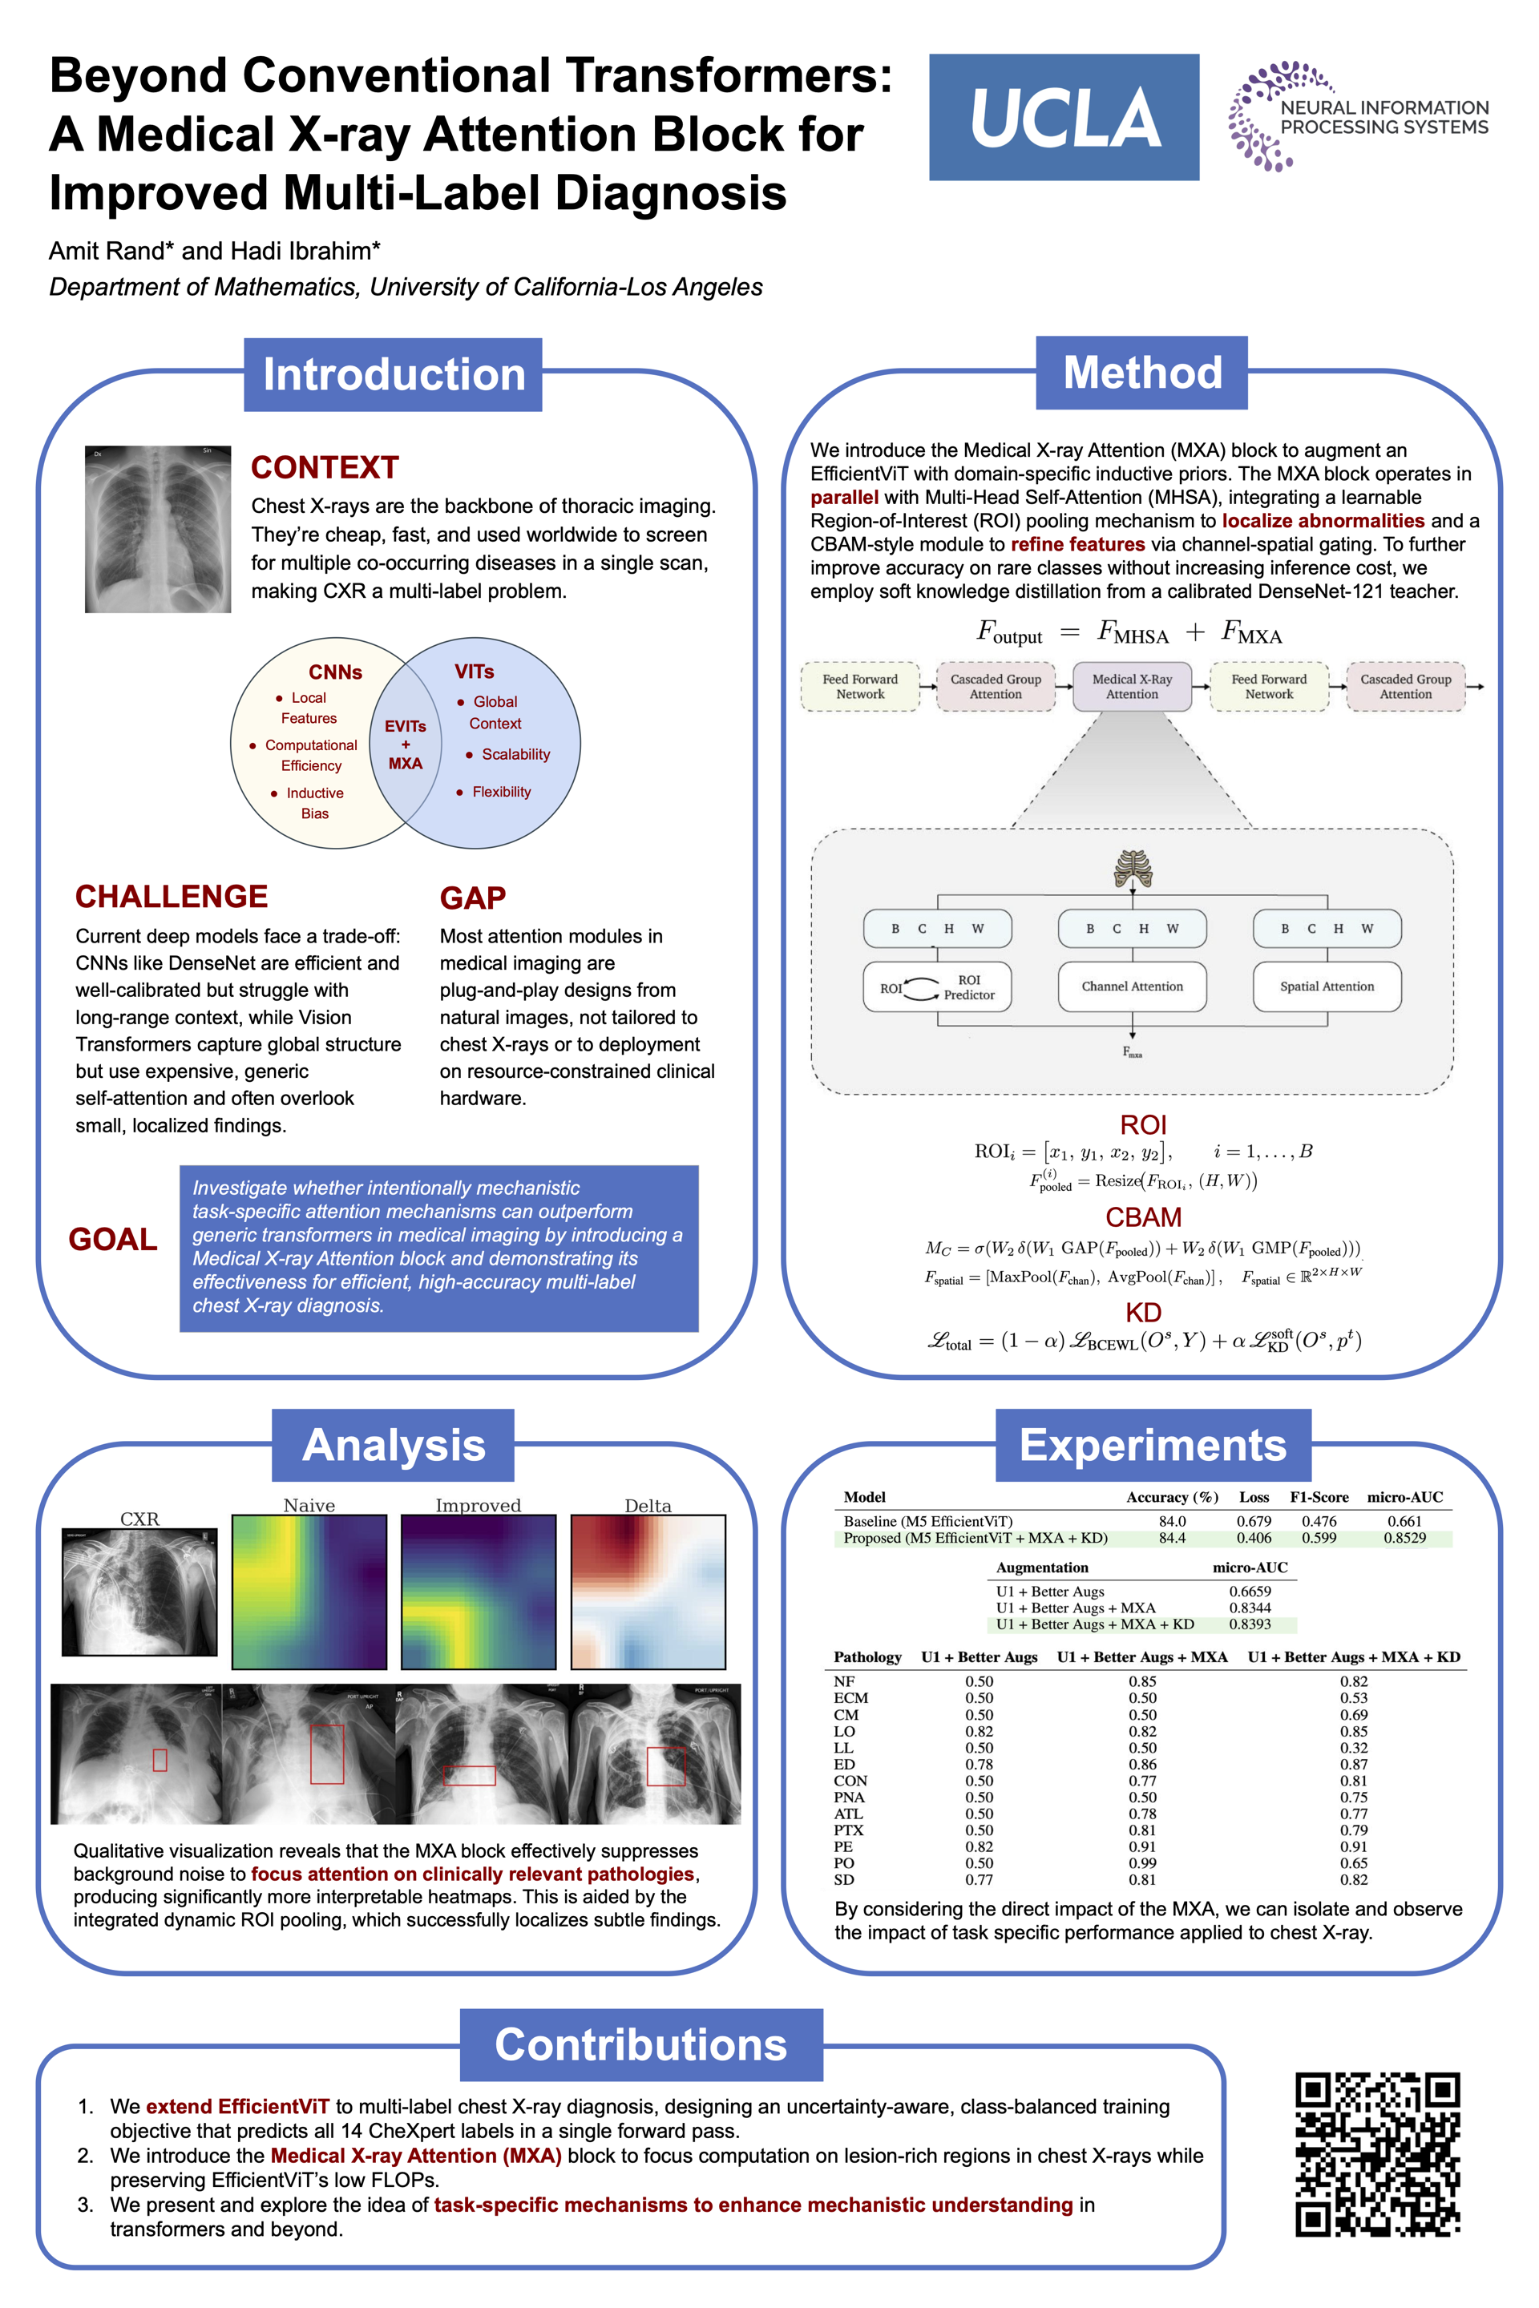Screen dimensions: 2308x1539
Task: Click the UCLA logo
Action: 1064,117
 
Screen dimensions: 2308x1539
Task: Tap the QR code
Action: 1377,2154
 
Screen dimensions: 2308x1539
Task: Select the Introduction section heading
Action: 393,375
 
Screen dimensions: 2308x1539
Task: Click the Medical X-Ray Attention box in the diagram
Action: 1132,686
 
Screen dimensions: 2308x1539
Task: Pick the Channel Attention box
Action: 1132,987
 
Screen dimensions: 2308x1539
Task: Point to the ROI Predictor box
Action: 936,987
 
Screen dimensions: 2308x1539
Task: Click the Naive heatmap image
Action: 309,1591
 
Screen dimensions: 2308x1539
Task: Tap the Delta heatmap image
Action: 648,1591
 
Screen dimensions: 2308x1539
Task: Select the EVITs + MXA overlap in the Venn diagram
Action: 406,744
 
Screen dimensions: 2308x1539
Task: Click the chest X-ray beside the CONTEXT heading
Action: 158,529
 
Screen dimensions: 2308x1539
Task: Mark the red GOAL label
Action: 113,1240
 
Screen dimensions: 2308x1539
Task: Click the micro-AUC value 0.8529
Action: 1404,1538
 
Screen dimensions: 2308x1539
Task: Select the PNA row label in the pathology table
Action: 849,1797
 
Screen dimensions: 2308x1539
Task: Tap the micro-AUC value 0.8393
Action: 1250,1624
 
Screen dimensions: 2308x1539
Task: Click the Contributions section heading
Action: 641,2044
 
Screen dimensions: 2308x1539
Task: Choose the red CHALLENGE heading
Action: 172,896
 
